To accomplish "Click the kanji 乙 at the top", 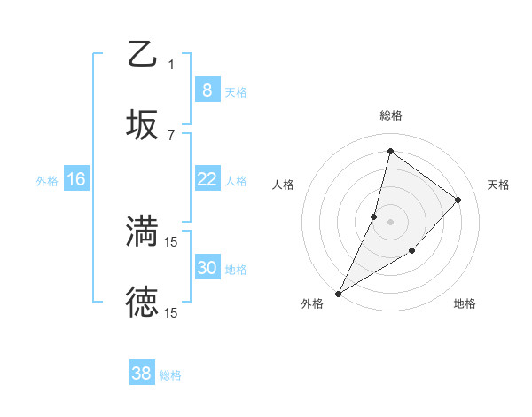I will (142, 54).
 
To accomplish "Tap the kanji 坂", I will (142, 124).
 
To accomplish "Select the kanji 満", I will (142, 231).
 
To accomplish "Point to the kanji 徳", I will (142, 302).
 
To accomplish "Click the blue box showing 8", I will (207, 90).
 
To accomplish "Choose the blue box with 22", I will (207, 179).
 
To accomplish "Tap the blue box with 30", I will (207, 268).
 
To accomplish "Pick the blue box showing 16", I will (76, 179).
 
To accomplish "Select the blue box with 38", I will (141, 374).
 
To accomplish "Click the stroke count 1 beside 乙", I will (171, 64).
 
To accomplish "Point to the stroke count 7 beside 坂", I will (171, 135).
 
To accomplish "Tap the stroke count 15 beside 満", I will (171, 241).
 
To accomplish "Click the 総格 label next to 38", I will (170, 375).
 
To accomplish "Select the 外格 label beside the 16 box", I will (47, 180).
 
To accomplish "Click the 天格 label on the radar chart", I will (498, 185).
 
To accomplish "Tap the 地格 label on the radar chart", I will (465, 303).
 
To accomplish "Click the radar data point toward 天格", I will (458, 200).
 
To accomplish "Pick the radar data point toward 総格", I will (390, 151).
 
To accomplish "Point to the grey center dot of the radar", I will (390, 222).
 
